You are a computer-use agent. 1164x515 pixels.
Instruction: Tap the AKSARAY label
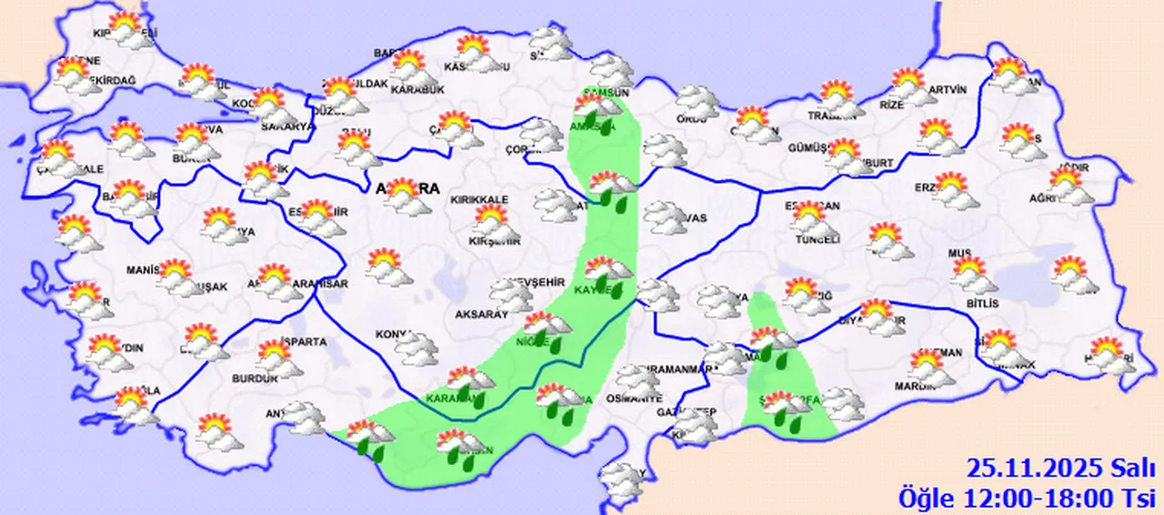click(x=481, y=314)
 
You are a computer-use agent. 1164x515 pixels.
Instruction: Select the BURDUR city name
click(x=255, y=379)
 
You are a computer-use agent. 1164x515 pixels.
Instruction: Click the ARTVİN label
click(x=949, y=90)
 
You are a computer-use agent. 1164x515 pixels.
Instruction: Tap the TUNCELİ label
click(x=818, y=239)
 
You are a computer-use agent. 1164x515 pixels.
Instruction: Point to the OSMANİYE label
click(x=637, y=399)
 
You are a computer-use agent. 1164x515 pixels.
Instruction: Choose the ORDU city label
click(x=692, y=119)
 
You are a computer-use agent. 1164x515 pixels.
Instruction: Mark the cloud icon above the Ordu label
click(x=697, y=99)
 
